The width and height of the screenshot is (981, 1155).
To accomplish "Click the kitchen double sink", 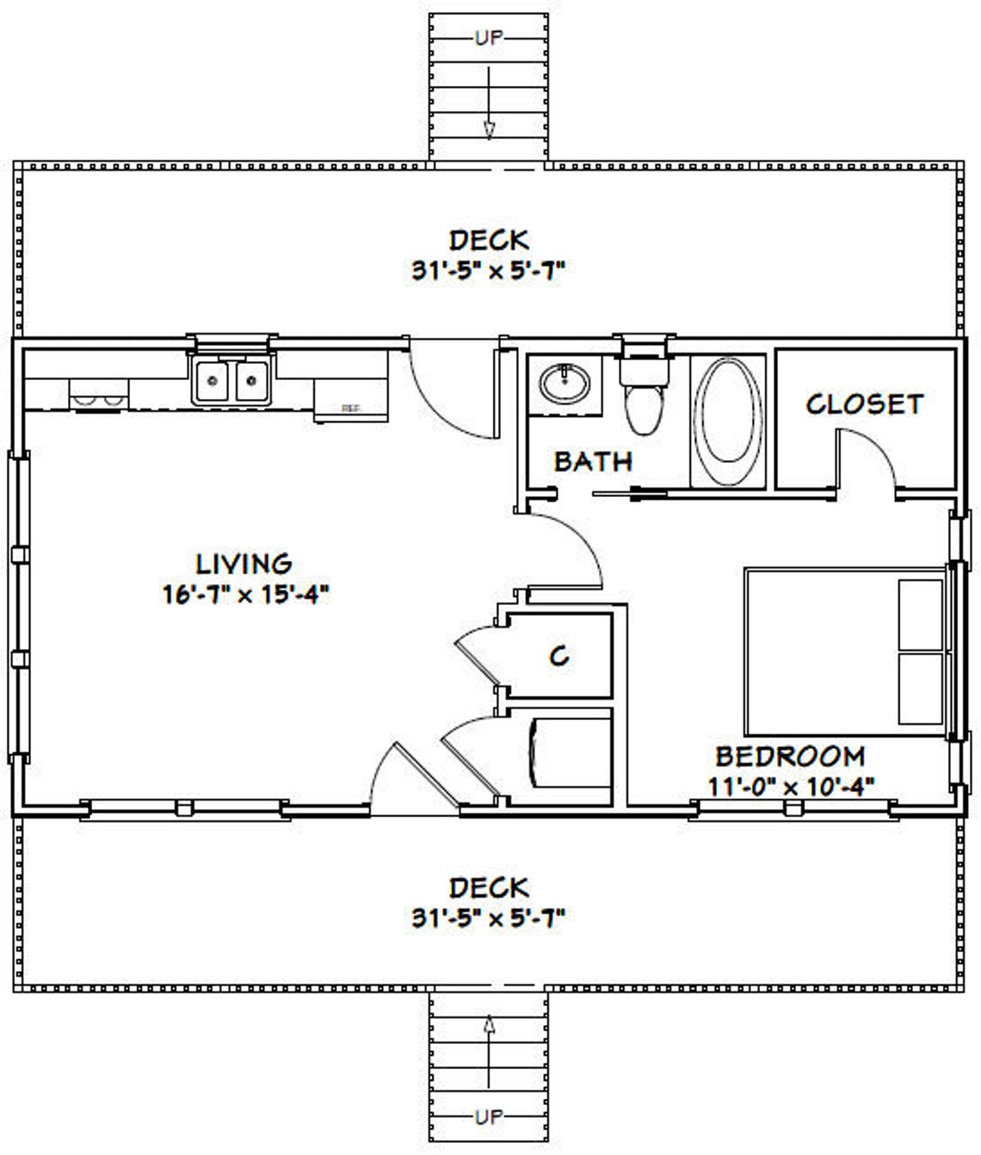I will pyautogui.click(x=231, y=381).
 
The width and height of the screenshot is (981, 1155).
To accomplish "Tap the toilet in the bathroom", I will pyautogui.click(x=643, y=396).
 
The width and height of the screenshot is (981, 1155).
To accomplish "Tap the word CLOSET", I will pyautogui.click(x=864, y=404).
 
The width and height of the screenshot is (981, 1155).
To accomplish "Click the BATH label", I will pyautogui.click(x=593, y=462).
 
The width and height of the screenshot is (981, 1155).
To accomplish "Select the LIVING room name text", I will pyautogui.click(x=244, y=564).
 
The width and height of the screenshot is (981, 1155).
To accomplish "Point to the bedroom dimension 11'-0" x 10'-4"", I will pyautogui.click(x=791, y=784).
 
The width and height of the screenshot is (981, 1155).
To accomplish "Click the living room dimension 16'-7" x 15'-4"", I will pyautogui.click(x=246, y=594).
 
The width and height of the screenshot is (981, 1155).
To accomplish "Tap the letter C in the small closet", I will pyautogui.click(x=558, y=657).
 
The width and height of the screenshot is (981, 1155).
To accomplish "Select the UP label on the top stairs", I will pyautogui.click(x=488, y=38).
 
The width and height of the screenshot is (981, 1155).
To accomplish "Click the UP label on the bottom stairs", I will pyautogui.click(x=488, y=1117).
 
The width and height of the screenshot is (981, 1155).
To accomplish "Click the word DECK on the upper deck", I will pyautogui.click(x=489, y=241).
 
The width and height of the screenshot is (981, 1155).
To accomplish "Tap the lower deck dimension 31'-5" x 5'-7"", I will pyautogui.click(x=488, y=918).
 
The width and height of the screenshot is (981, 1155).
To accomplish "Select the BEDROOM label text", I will pyautogui.click(x=790, y=757).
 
